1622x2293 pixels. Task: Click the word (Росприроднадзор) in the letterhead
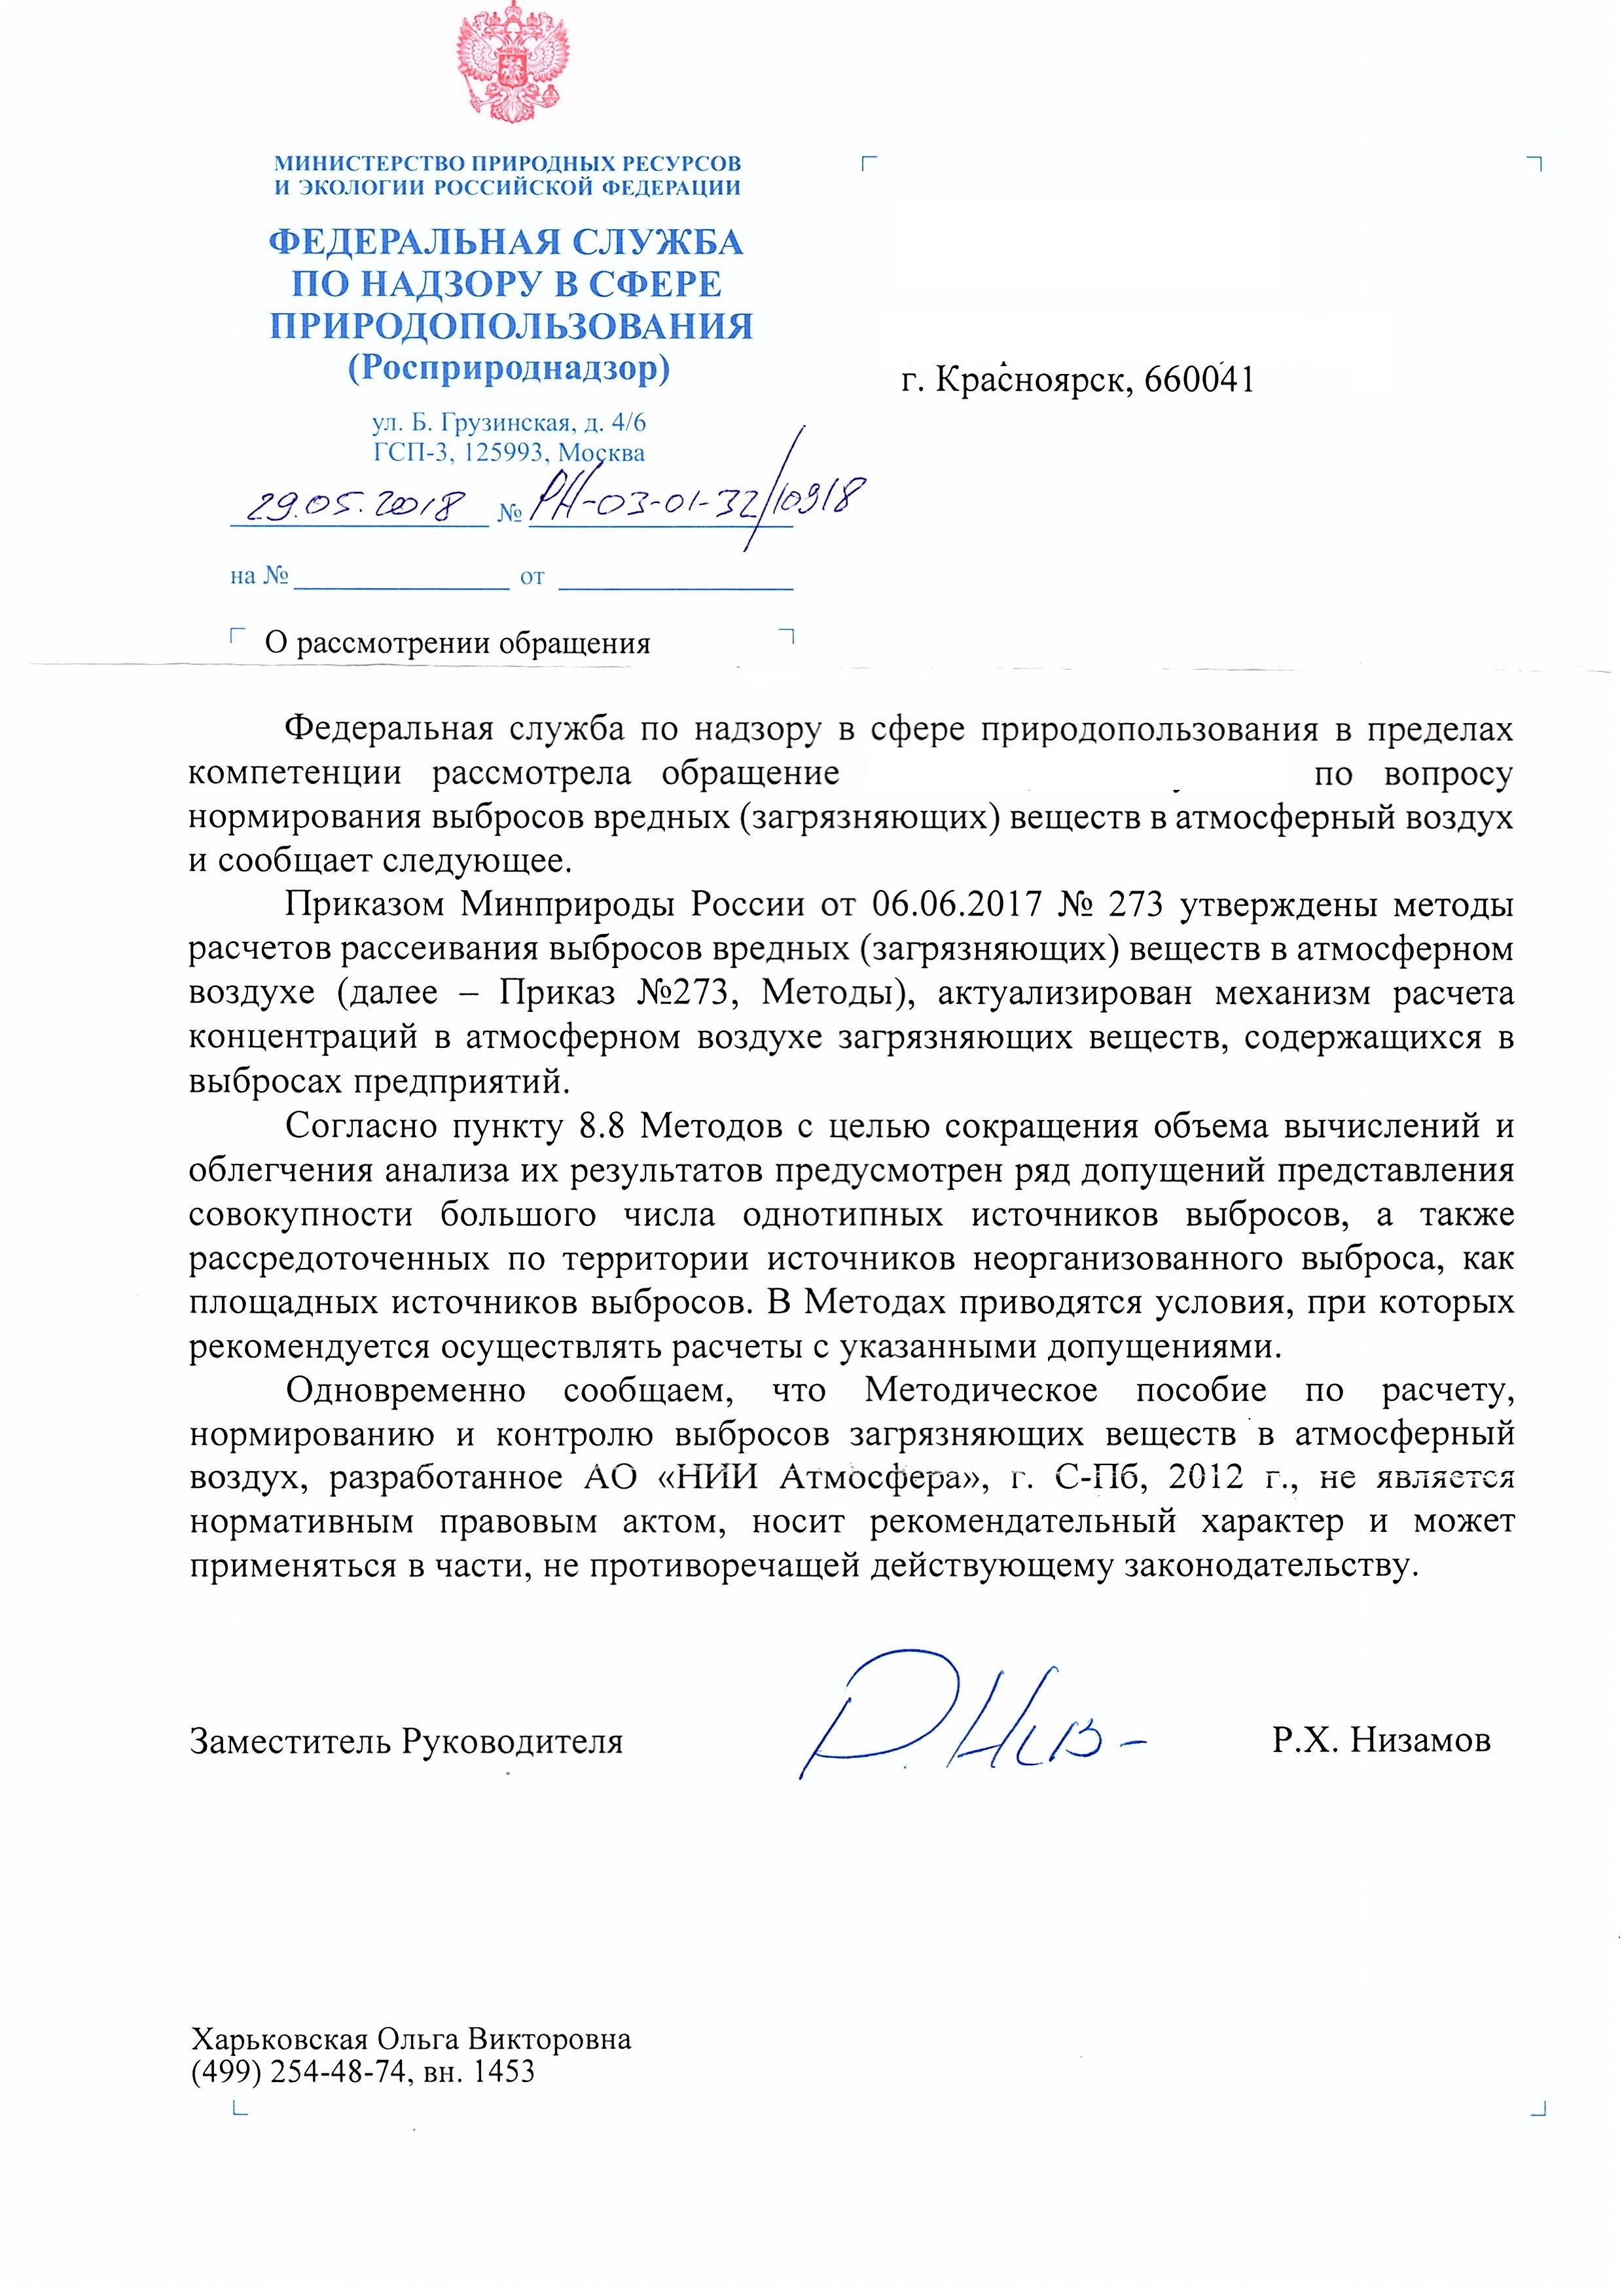509,369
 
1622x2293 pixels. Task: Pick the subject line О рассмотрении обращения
458,643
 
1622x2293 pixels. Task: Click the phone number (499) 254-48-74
298,2072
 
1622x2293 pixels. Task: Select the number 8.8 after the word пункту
602,1126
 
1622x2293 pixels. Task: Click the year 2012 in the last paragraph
1206,1478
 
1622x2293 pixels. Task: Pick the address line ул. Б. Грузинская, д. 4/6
509,424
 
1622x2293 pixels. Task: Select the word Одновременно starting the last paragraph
406,1390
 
